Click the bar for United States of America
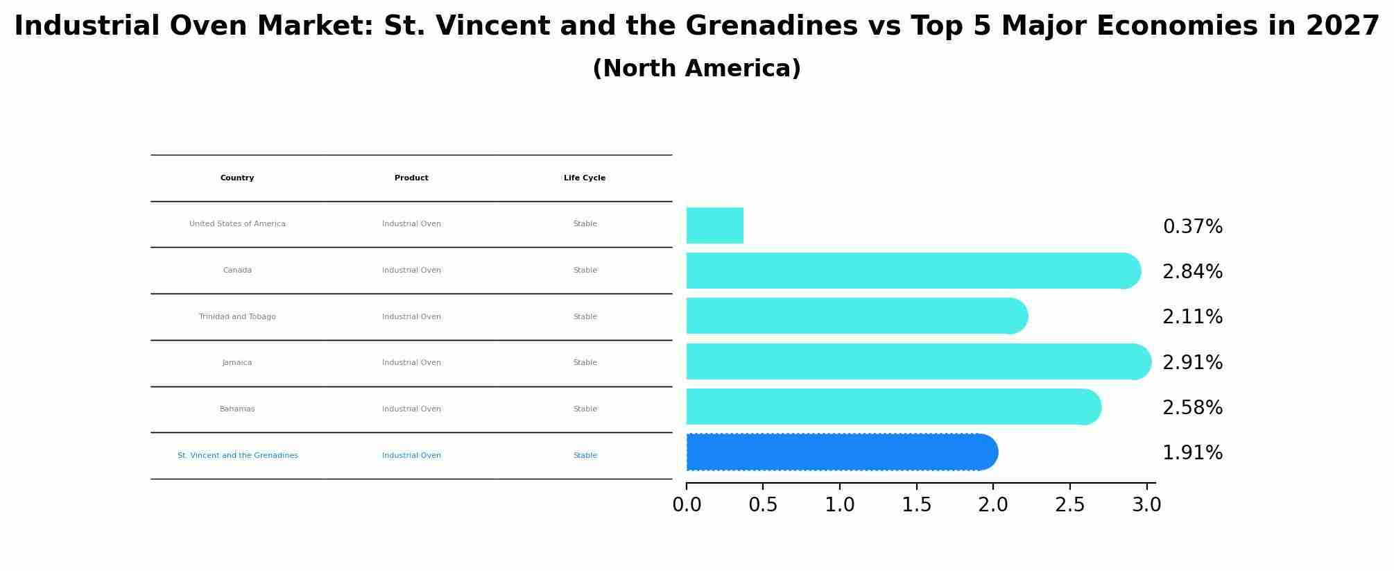pyautogui.click(x=714, y=225)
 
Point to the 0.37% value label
pyautogui.click(x=1192, y=227)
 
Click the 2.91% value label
pyautogui.click(x=1192, y=363)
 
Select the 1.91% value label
pyautogui.click(x=1192, y=453)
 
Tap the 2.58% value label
pyautogui.click(x=1192, y=408)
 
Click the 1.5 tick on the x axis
pyautogui.click(x=916, y=505)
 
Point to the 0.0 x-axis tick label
pyautogui.click(x=687, y=505)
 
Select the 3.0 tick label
pyautogui.click(x=1146, y=505)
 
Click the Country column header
pyautogui.click(x=237, y=178)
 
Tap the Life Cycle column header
pyautogui.click(x=585, y=178)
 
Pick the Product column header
pyautogui.click(x=411, y=178)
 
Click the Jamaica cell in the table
pyautogui.click(x=237, y=363)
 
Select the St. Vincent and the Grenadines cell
pyautogui.click(x=237, y=456)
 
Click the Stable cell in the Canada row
pyautogui.click(x=585, y=271)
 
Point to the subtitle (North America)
pyautogui.click(x=696, y=69)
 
